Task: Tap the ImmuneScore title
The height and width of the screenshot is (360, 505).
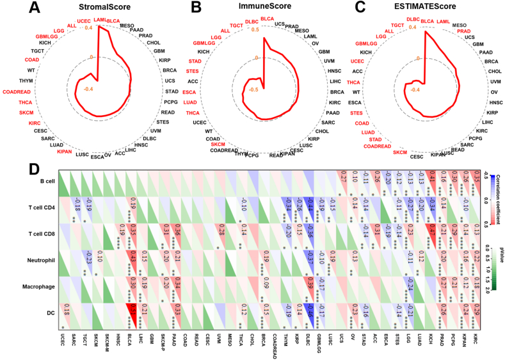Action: (263, 9)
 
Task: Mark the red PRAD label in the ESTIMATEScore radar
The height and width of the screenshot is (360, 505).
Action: (465, 31)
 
